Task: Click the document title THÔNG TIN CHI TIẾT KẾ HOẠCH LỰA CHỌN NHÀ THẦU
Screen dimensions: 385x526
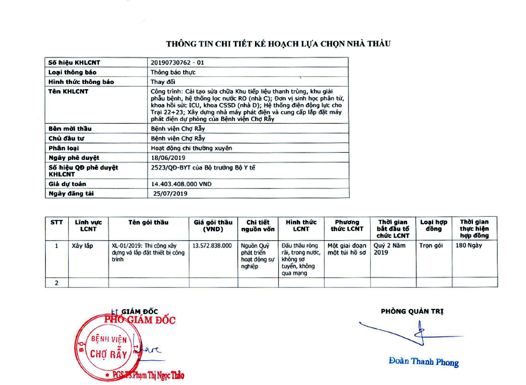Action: point(278,44)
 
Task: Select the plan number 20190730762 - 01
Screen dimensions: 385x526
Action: point(178,62)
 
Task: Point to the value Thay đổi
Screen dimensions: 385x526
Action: point(161,82)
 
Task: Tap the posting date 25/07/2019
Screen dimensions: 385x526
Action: point(170,194)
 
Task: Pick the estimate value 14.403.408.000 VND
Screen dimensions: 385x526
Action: point(181,184)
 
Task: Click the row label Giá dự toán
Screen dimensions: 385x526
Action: point(68,184)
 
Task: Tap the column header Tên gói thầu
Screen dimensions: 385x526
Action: point(148,222)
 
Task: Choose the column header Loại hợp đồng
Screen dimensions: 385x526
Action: point(434,226)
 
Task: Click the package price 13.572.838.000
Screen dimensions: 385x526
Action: point(212,246)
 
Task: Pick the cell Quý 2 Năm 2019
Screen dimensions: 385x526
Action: point(390,249)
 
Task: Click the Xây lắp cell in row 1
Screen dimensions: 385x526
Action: point(82,246)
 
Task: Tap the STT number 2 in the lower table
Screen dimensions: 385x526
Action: point(56,282)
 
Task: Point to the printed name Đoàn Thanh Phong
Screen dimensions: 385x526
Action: point(423,362)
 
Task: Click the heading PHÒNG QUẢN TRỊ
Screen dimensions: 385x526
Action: point(412,311)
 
